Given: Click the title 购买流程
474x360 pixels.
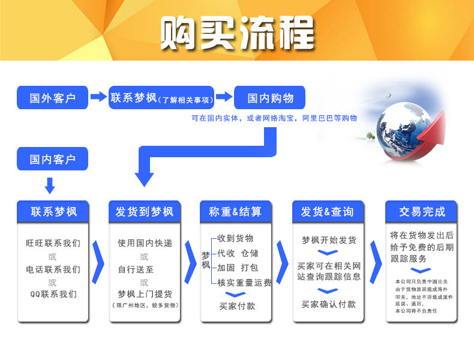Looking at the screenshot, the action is click(237, 32).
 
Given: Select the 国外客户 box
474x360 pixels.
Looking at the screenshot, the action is click(53, 97).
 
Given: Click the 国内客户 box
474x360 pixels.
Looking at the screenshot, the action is click(53, 159).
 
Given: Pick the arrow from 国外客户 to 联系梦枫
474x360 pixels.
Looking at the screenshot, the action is click(98, 97).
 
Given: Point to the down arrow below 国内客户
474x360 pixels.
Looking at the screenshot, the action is click(50, 184).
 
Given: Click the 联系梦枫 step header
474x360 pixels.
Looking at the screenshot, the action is click(53, 211).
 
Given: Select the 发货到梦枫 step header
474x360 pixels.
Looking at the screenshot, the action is click(145, 211).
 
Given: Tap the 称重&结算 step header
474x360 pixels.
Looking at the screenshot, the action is click(236, 211).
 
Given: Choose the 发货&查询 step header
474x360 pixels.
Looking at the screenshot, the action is click(327, 211).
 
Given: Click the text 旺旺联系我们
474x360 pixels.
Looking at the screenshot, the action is click(53, 244).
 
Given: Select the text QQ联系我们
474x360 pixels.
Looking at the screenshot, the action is click(53, 294).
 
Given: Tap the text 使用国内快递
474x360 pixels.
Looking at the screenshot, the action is click(145, 243).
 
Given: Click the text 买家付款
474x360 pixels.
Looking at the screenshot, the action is click(237, 306).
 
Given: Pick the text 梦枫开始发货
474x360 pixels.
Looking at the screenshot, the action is click(328, 240).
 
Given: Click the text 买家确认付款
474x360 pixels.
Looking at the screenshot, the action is click(328, 304).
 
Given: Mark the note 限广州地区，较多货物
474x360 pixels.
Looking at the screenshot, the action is click(145, 305).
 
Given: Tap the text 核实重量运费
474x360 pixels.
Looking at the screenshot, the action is click(244, 282).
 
